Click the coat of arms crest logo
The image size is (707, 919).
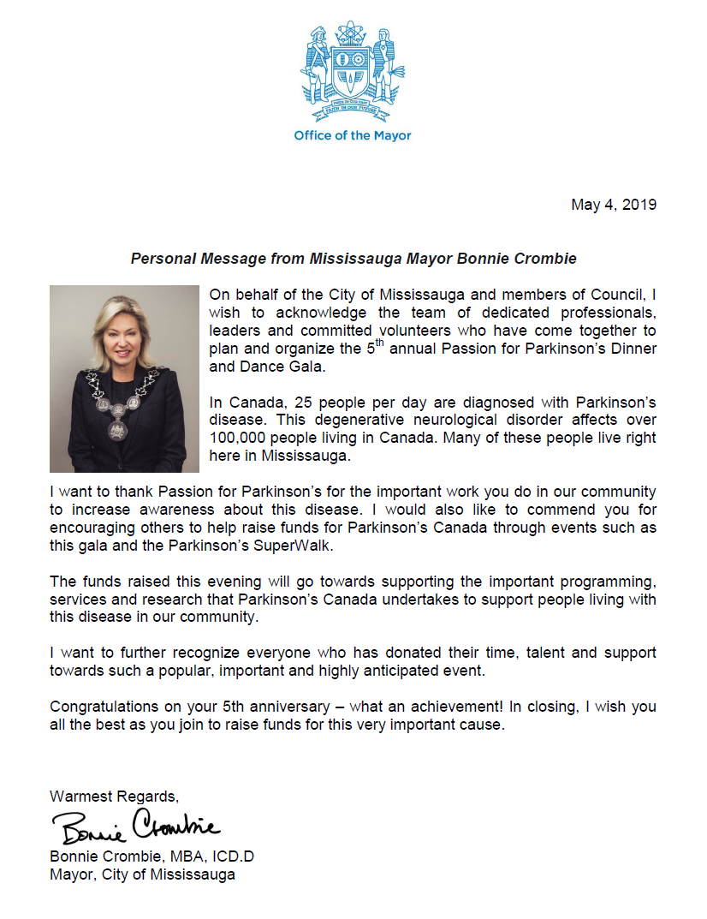(x=352, y=72)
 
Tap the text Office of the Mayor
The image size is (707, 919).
(x=352, y=135)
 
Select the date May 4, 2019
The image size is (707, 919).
(x=614, y=205)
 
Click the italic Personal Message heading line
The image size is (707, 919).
(x=353, y=258)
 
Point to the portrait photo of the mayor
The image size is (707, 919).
(x=124, y=379)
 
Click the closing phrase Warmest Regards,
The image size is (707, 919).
(x=115, y=797)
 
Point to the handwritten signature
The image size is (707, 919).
(x=136, y=827)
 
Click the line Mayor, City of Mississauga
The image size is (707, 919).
(x=142, y=874)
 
